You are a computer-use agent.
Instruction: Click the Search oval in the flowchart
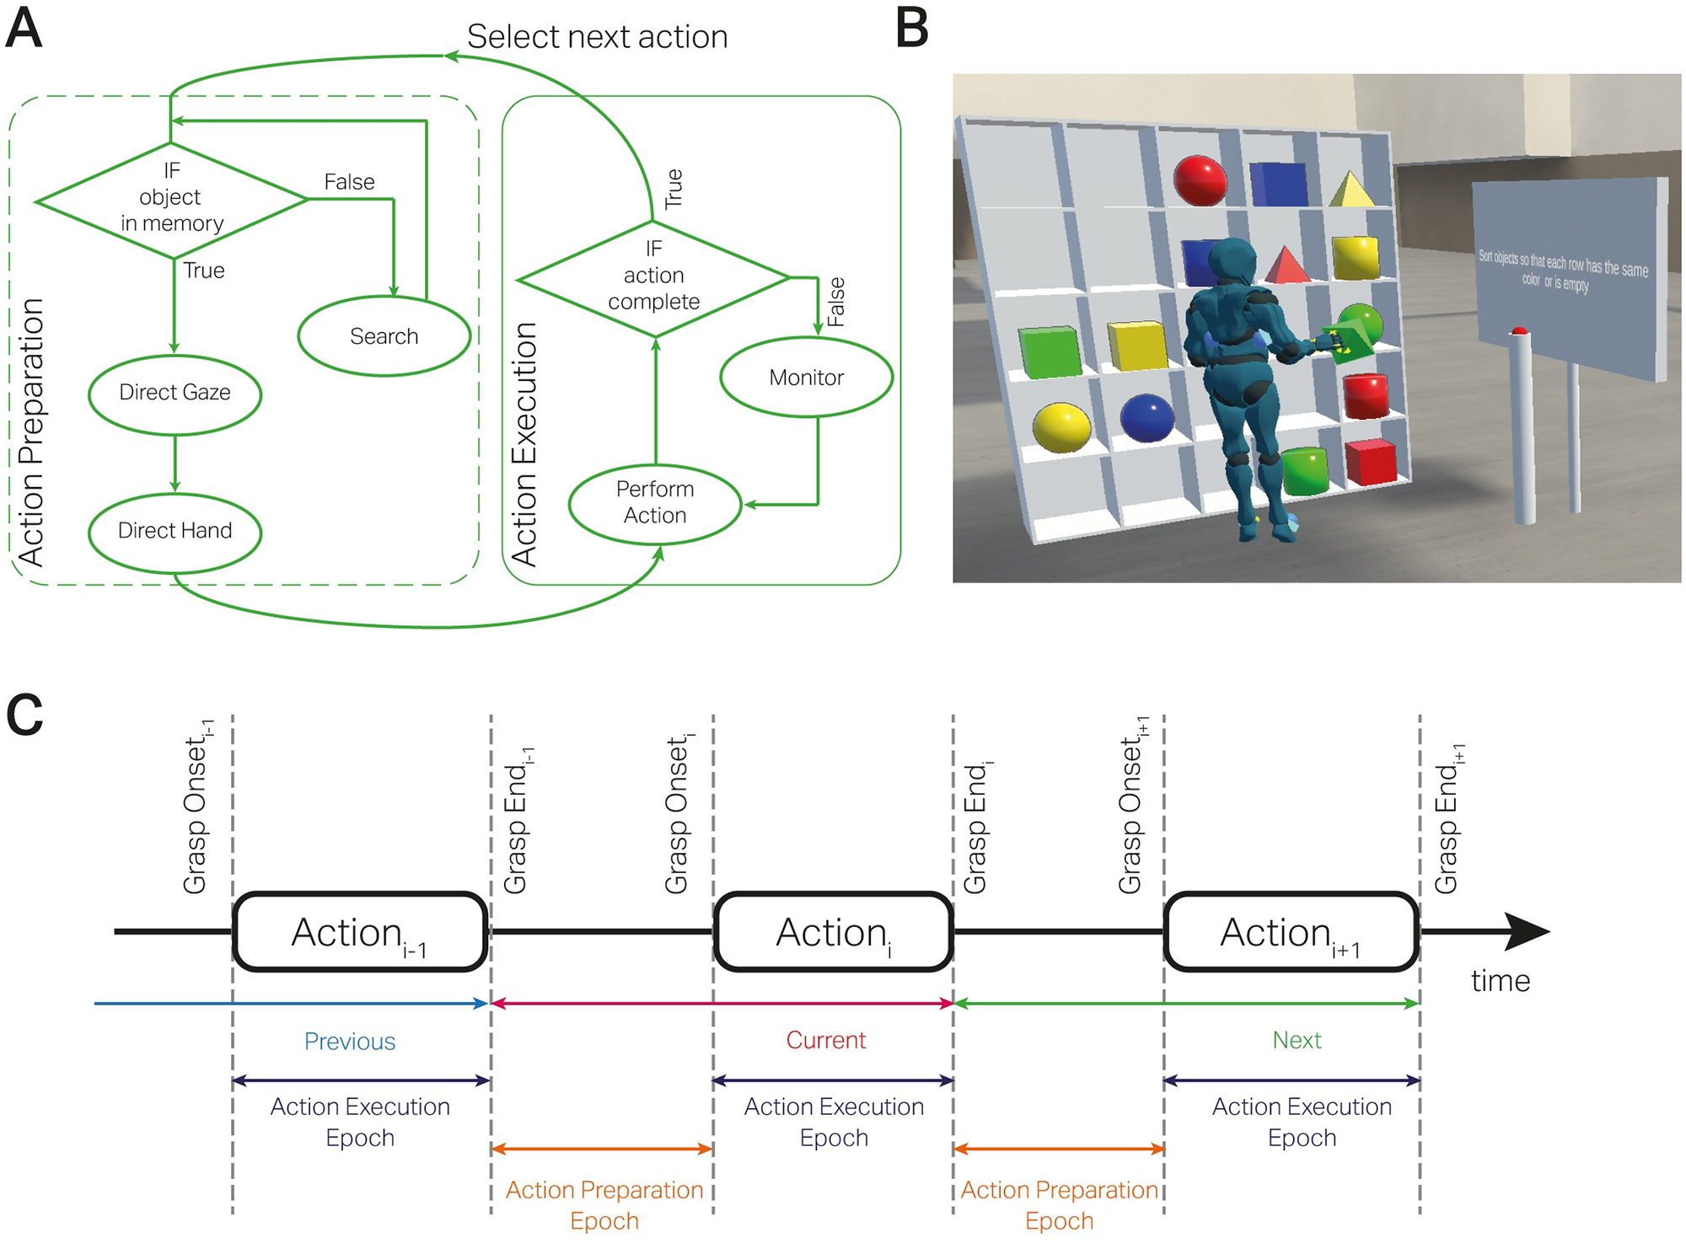pos(384,336)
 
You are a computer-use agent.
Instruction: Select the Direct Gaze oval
pos(175,393)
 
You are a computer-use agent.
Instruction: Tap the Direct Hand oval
pos(175,531)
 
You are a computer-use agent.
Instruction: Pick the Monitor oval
pos(806,378)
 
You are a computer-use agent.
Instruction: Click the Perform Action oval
pos(655,503)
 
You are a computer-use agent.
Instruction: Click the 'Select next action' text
pos(597,37)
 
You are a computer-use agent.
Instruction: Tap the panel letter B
pos(911,29)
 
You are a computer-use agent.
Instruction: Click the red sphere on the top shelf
pos(1200,179)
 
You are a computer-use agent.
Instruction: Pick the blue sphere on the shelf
pos(1146,417)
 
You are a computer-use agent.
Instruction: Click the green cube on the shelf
pos(1050,351)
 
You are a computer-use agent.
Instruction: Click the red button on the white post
pos(1519,331)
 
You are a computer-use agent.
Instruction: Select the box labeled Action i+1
pos(1291,932)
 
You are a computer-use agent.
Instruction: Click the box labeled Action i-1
pos(360,932)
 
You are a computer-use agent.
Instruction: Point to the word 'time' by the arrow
pos(1500,981)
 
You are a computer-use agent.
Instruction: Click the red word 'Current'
pos(825,1041)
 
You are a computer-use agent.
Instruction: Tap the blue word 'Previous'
pos(349,1042)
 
